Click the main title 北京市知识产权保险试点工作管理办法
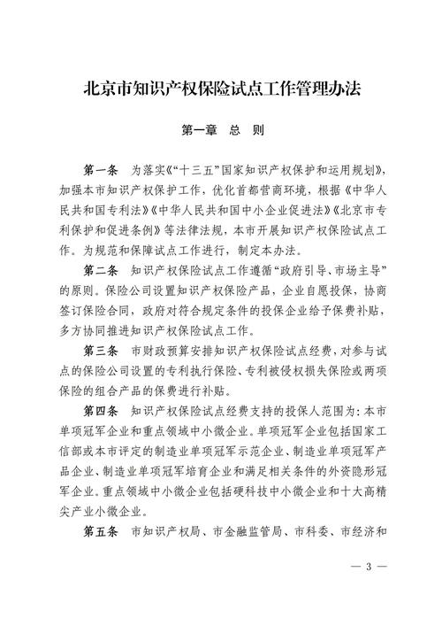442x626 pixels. click(221, 89)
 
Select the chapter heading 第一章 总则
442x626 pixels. click(221, 129)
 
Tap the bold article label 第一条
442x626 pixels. click(102, 168)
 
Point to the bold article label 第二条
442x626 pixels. click(102, 268)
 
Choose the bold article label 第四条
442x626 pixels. click(102, 411)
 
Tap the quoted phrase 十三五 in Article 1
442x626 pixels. click(190, 168)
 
